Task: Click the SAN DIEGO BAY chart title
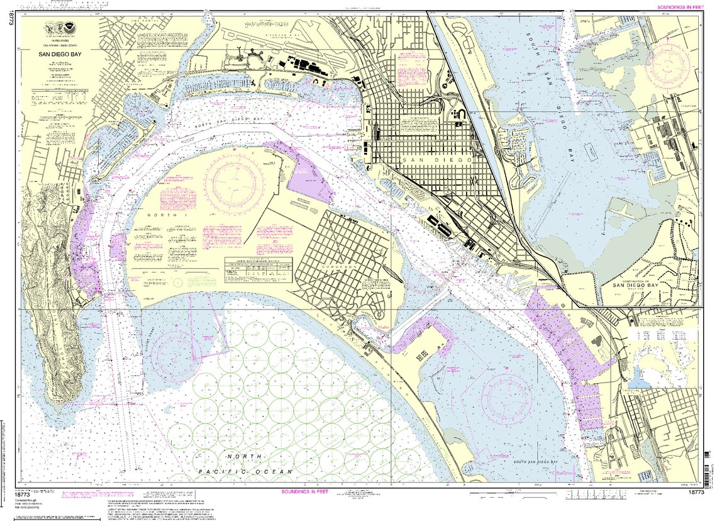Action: point(60,55)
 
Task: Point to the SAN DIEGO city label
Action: point(434,161)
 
